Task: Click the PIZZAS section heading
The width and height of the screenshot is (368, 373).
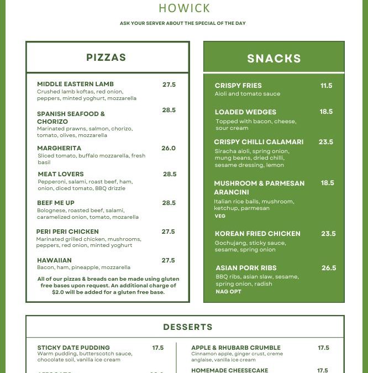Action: (x=106, y=57)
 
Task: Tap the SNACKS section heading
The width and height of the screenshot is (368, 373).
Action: (x=274, y=59)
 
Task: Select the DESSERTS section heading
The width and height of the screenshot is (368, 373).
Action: (x=188, y=327)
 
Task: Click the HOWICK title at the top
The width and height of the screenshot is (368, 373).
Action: (x=184, y=8)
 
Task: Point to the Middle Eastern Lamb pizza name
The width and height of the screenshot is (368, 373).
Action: (x=75, y=85)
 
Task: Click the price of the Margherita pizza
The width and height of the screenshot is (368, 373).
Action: (x=169, y=148)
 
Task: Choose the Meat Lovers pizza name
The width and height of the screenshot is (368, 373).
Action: (x=61, y=174)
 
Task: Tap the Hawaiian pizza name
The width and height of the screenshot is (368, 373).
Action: (x=54, y=260)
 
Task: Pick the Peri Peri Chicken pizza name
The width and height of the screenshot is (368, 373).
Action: (x=67, y=232)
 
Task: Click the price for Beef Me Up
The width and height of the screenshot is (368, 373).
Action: (x=169, y=203)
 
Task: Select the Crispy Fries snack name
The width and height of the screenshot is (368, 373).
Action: (x=238, y=86)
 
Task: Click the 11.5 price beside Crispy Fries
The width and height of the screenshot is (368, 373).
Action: (x=327, y=86)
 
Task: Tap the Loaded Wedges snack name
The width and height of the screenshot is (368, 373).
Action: (x=245, y=112)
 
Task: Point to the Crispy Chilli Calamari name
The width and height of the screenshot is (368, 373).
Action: (x=259, y=142)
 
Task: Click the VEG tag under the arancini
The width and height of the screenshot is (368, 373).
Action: (x=220, y=216)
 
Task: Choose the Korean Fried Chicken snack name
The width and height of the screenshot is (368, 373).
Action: (x=257, y=234)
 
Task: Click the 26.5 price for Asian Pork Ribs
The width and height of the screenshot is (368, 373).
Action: (x=329, y=268)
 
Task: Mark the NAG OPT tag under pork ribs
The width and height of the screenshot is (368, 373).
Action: (x=228, y=291)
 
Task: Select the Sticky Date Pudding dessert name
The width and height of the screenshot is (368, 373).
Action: (x=73, y=348)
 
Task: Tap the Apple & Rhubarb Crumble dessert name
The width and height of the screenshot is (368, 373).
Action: (x=236, y=348)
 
